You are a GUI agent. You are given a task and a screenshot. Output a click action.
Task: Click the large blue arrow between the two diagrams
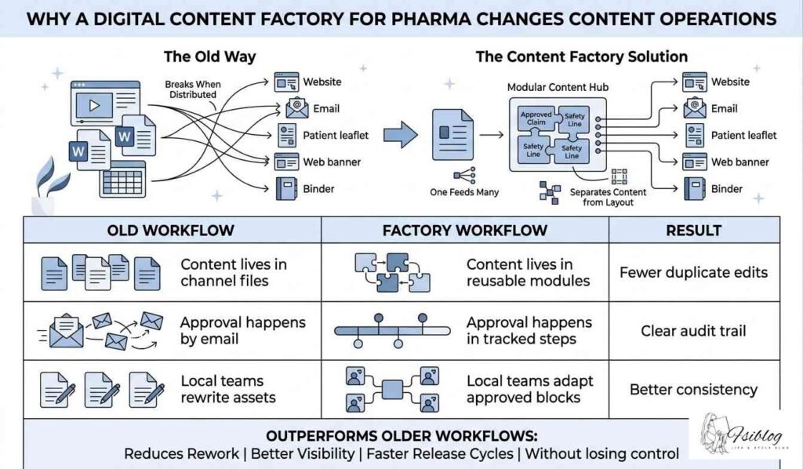coord(405,135)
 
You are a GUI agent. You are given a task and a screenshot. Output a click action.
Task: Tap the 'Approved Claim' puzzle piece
coord(536,118)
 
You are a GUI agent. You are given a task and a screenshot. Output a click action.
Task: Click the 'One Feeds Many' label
coord(464,191)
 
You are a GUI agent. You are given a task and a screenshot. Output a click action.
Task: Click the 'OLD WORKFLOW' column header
coord(170,231)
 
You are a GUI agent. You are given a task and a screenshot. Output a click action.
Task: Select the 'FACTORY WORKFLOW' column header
coord(465,231)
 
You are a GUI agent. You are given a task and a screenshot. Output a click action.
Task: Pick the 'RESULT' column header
coord(694,231)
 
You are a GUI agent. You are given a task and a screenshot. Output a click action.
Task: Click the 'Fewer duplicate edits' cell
coord(694,273)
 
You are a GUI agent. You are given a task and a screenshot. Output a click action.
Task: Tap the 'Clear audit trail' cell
coord(694,331)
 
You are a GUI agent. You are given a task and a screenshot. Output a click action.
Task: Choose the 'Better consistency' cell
coord(694,389)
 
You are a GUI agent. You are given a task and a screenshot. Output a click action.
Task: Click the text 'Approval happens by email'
coord(242,331)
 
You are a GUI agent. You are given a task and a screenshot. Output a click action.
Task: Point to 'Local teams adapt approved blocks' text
coord(529,389)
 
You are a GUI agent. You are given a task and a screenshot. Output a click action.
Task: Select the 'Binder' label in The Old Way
coord(318,188)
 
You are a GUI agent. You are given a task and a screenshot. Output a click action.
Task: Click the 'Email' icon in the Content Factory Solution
coord(694,109)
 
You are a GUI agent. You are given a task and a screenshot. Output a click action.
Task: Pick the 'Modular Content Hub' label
coord(558,87)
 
